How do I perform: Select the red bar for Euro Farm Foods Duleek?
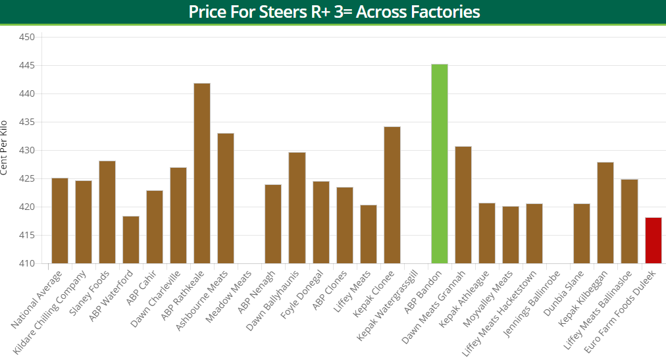[x=653, y=240]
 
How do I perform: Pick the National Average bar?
[x=60, y=220]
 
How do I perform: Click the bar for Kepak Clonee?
[x=392, y=195]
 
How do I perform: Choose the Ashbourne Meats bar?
[x=226, y=198]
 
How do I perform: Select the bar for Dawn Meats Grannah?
[x=463, y=205]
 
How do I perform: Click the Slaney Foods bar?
[x=107, y=212]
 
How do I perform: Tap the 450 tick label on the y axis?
[x=26, y=38]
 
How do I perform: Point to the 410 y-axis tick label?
[x=26, y=264]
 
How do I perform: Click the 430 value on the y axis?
[x=26, y=151]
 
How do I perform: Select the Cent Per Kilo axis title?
[x=5, y=147]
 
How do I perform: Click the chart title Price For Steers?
[x=334, y=12]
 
